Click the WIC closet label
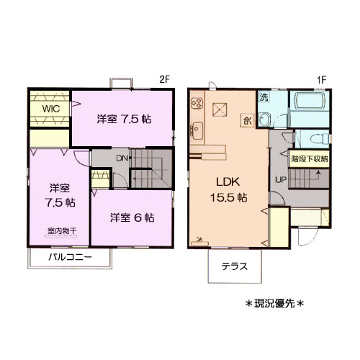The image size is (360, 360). (x=50, y=108)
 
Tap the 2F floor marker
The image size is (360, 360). (x=164, y=80)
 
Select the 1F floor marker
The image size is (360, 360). (x=321, y=80)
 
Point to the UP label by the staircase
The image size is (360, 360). (x=280, y=179)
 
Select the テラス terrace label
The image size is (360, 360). (x=235, y=266)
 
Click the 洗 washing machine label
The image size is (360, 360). (x=264, y=97)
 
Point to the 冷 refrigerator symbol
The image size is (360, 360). (x=247, y=120)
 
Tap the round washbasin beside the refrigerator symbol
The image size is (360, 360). (x=264, y=120)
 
